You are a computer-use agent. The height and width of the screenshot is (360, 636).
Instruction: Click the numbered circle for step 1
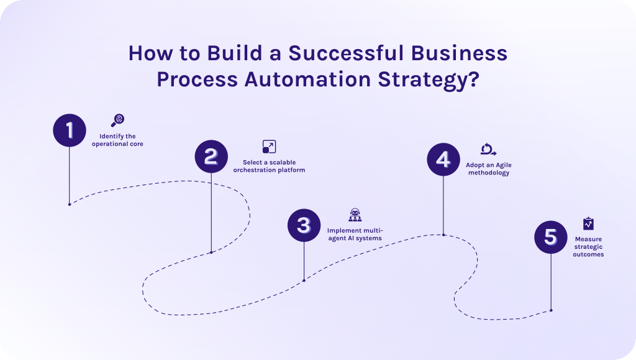(x=69, y=130)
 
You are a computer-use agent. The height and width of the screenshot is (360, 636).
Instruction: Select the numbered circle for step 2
(x=211, y=156)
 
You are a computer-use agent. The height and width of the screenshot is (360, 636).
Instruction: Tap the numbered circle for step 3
(x=304, y=225)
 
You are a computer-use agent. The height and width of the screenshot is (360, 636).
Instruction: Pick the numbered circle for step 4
(x=443, y=159)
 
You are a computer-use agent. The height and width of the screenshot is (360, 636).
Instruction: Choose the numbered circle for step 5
(x=551, y=237)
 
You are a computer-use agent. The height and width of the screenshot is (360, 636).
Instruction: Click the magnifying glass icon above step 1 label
(x=117, y=120)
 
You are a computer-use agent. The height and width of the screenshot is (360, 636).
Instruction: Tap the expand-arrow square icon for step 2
(x=269, y=146)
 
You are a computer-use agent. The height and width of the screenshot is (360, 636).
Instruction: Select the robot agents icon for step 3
(x=355, y=215)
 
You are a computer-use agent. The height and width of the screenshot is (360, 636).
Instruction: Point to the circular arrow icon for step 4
(x=488, y=149)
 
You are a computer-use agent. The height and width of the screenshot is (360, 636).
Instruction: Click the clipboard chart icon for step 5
(x=588, y=223)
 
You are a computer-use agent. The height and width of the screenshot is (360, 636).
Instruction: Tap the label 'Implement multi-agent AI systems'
(x=355, y=234)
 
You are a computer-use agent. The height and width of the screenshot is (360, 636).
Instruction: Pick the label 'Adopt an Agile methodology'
(x=488, y=169)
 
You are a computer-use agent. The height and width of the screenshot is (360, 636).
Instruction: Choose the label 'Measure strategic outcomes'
(x=588, y=246)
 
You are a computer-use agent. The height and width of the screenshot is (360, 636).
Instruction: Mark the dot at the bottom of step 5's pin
(x=551, y=310)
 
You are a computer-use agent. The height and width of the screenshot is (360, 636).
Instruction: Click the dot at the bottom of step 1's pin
(x=69, y=204)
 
